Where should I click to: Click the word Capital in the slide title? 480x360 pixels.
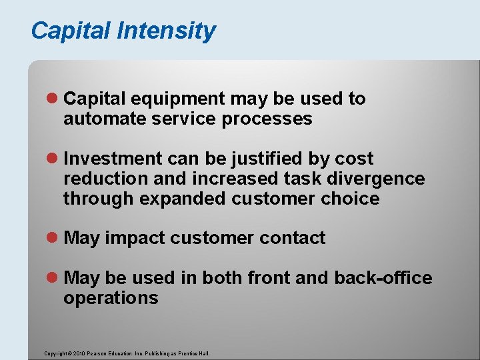click(72, 31)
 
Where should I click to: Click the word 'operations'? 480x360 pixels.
click(111, 298)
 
